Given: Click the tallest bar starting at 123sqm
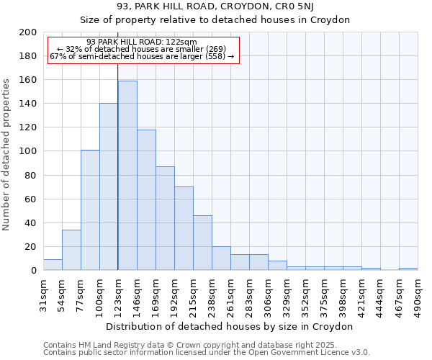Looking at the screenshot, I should [x=127, y=176].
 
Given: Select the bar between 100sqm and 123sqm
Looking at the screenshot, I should [x=109, y=186].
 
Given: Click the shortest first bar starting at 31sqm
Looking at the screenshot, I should [x=53, y=265].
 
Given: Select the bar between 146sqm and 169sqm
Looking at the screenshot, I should [x=146, y=200].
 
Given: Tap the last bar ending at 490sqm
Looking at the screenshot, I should [x=408, y=269].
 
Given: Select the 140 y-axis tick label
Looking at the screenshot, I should [x=28, y=104].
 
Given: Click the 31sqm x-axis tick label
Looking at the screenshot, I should [x=43, y=291].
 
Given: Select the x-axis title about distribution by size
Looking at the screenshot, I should [x=230, y=326].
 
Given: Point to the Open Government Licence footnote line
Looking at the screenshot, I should [x=206, y=352].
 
